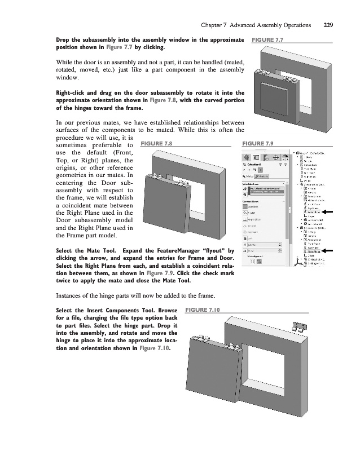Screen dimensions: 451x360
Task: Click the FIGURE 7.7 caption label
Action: click(267, 40)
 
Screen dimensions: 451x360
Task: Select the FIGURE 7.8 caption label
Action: click(156, 143)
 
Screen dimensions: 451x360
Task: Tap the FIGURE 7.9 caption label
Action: click(257, 143)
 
